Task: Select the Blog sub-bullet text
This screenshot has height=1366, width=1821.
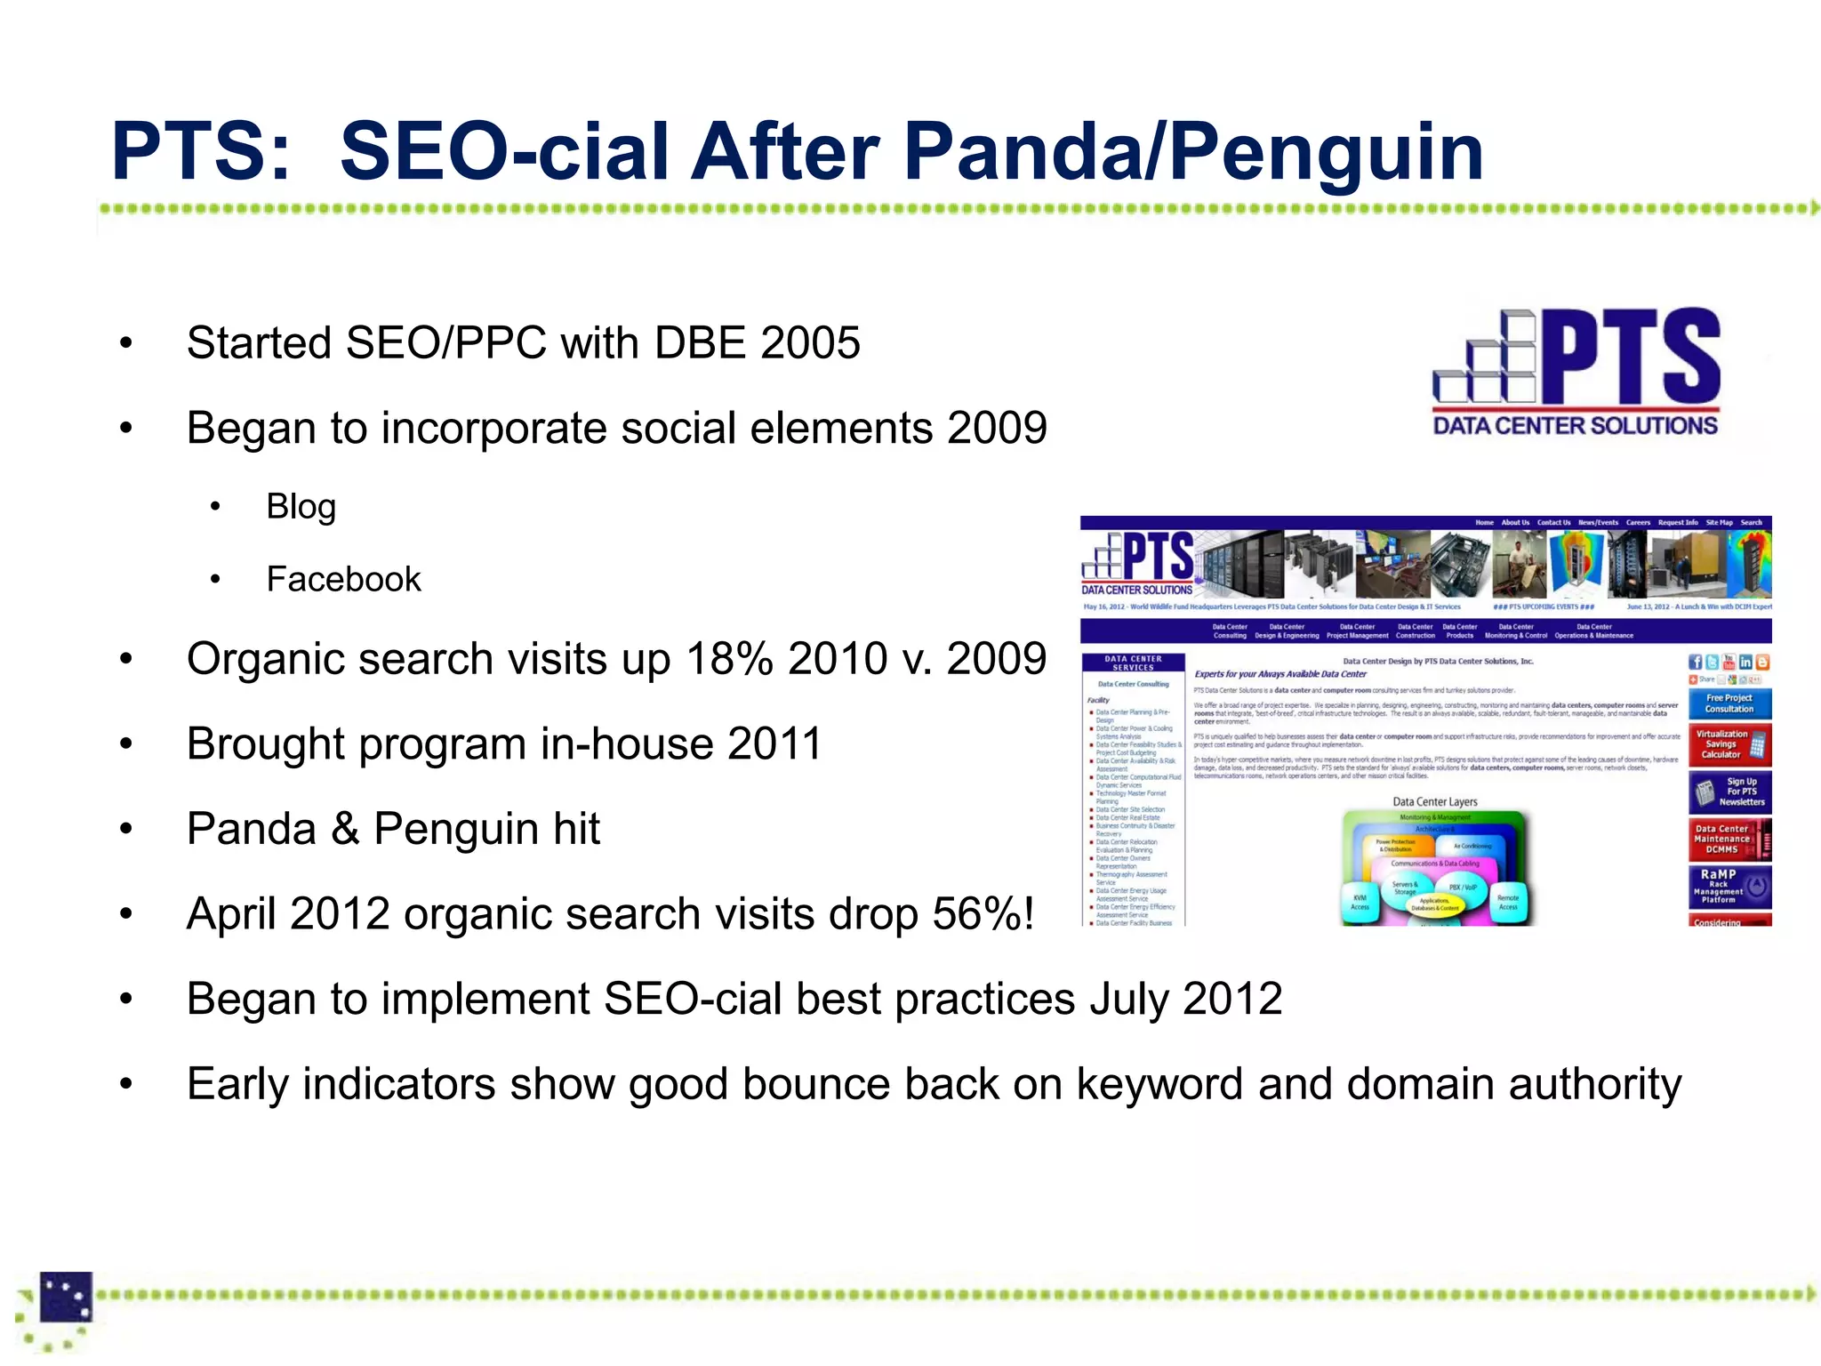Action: [301, 507]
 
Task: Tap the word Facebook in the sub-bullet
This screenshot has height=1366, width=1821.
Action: [343, 580]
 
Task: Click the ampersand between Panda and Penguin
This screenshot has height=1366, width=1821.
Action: [345, 830]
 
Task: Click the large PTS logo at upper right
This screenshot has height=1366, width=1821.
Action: [1576, 358]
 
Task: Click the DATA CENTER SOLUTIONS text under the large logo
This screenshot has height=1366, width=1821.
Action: [1575, 426]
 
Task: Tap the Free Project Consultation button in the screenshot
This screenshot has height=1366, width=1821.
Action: [1729, 703]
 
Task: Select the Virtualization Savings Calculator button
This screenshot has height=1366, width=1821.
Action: [1729, 744]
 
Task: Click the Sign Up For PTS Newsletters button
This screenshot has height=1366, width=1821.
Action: [1729, 791]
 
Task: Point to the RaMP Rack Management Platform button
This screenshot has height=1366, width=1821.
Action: [1729, 887]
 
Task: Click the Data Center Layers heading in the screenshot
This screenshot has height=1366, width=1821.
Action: [1434, 801]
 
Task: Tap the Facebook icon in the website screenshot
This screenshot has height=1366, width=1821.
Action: [1695, 662]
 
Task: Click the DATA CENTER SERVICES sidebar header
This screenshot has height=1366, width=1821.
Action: [1133, 663]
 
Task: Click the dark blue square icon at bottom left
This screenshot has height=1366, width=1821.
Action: [67, 1297]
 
